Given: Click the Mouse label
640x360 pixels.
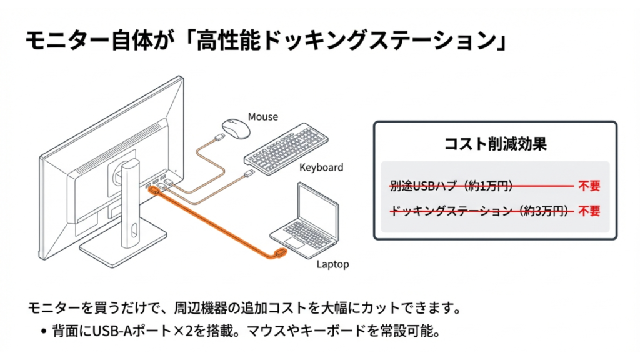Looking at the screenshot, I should tap(262, 117).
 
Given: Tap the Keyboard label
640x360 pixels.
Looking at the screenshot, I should tap(321, 167).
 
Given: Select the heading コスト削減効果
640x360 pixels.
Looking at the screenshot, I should tap(495, 144).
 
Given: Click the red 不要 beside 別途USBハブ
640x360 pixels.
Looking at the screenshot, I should tap(589, 186).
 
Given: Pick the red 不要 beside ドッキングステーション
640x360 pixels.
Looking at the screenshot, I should tap(589, 211).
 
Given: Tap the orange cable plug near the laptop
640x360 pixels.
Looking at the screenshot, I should tap(279, 253).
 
